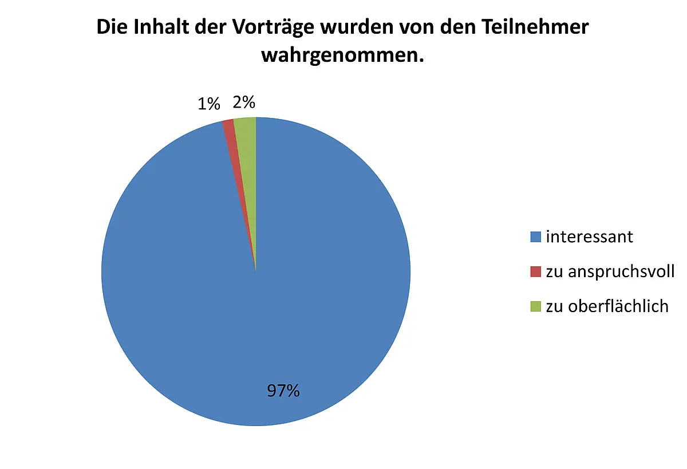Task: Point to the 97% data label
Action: click(283, 391)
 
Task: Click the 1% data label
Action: click(209, 104)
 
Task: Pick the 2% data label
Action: click(244, 102)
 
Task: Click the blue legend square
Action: click(535, 237)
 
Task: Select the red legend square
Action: click(535, 272)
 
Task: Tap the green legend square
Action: click(535, 306)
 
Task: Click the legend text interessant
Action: click(590, 237)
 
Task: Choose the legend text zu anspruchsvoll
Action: click(610, 272)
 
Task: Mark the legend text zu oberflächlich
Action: click(607, 306)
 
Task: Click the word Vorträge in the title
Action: click(273, 27)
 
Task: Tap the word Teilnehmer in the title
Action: click(535, 27)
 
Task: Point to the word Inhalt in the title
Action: click(161, 27)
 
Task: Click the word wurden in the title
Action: click(357, 27)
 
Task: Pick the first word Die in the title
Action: click(112, 27)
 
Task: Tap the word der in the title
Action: click(211, 27)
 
